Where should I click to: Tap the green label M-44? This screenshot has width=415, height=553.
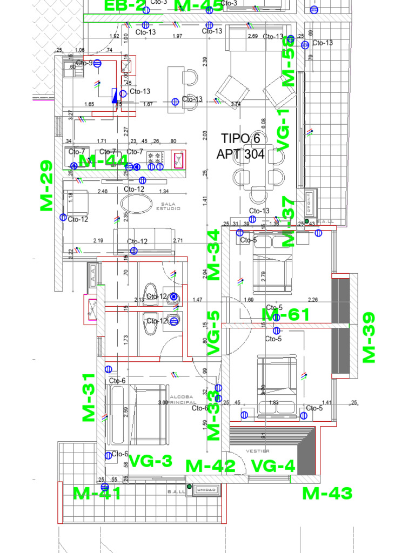click(x=104, y=161)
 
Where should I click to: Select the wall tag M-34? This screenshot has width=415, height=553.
click(x=214, y=254)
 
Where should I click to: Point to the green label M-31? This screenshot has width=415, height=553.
click(x=89, y=397)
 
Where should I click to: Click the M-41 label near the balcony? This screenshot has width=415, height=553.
click(x=97, y=493)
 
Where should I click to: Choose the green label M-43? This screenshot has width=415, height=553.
click(x=327, y=493)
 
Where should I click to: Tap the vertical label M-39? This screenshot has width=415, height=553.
click(x=369, y=337)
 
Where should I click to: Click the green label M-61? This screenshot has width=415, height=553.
click(x=286, y=315)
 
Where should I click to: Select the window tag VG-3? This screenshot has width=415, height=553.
click(x=150, y=461)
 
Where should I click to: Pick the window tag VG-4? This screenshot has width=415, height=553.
click(x=273, y=465)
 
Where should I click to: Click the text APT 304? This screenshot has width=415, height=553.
click(x=240, y=154)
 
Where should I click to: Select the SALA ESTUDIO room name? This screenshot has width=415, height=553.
click(x=168, y=206)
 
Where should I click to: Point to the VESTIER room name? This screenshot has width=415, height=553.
click(x=258, y=450)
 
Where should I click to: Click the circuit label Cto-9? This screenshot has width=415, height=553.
click(x=84, y=63)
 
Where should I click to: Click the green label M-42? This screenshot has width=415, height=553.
click(x=210, y=466)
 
